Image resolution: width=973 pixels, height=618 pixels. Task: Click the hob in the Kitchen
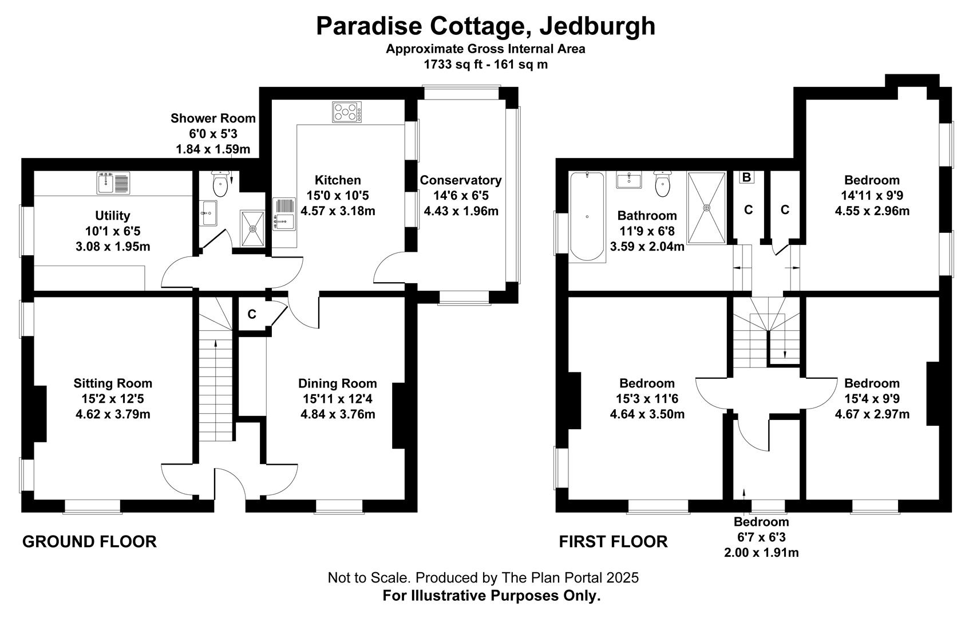pyautogui.click(x=347, y=112)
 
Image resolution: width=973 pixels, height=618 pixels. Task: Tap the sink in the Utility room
pyautogui.click(x=113, y=183)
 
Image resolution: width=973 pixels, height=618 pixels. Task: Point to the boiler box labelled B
pyautogui.click(x=747, y=177)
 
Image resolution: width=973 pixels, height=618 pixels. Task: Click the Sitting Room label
pyautogui.click(x=113, y=383)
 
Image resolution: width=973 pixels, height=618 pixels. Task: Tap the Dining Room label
pyautogui.click(x=338, y=383)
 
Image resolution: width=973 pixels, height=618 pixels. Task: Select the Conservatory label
pyautogui.click(x=461, y=180)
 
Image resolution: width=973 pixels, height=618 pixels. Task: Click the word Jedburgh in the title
pyautogui.click(x=598, y=26)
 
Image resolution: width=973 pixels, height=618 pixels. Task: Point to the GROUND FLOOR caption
pyautogui.click(x=89, y=542)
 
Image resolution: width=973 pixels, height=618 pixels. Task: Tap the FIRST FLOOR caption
pyautogui.click(x=614, y=542)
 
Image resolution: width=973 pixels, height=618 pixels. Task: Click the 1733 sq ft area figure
pyautogui.click(x=448, y=65)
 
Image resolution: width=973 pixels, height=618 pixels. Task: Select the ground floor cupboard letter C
pyautogui.click(x=252, y=314)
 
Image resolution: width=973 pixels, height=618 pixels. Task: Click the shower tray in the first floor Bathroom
pyautogui.click(x=707, y=208)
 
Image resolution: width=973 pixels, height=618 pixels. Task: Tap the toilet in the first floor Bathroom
pyautogui.click(x=662, y=184)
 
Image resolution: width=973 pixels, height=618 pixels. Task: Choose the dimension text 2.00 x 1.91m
pyautogui.click(x=761, y=553)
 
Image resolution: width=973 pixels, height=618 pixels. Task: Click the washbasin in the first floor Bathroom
pyautogui.click(x=628, y=180)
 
